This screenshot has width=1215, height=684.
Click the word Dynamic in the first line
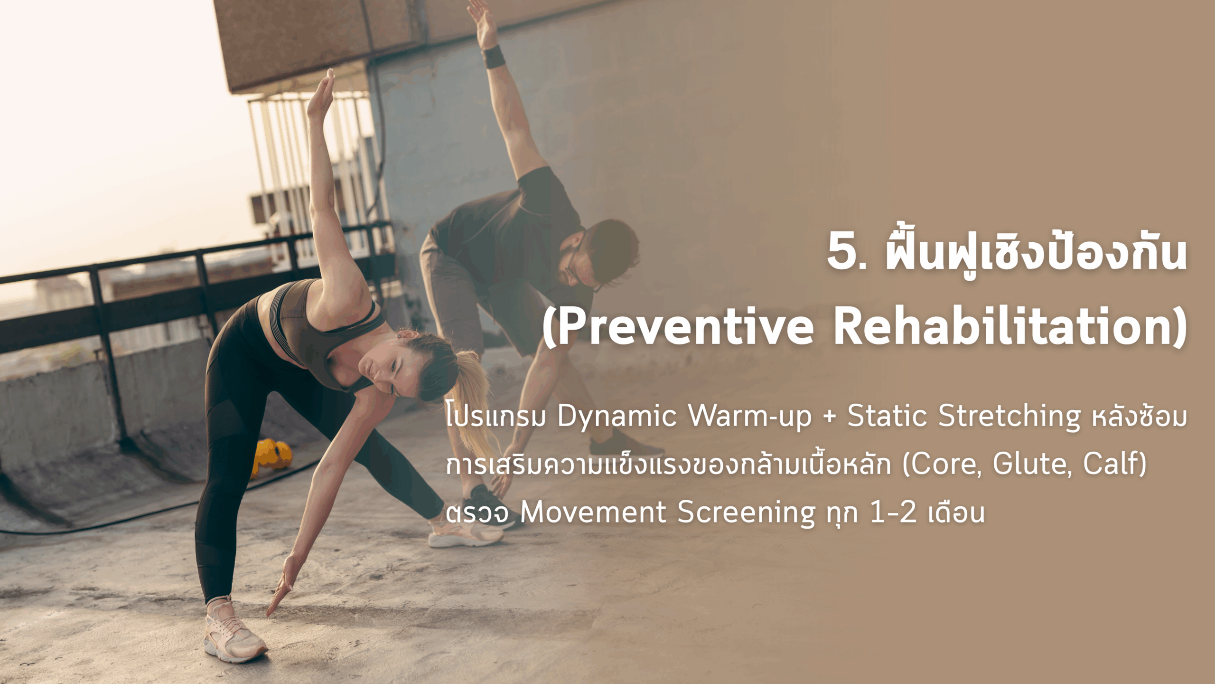617,417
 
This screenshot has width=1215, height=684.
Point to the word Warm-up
750,417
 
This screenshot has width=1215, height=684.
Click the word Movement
593,513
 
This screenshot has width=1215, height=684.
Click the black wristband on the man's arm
494,57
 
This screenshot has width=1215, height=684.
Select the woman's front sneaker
234,631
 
